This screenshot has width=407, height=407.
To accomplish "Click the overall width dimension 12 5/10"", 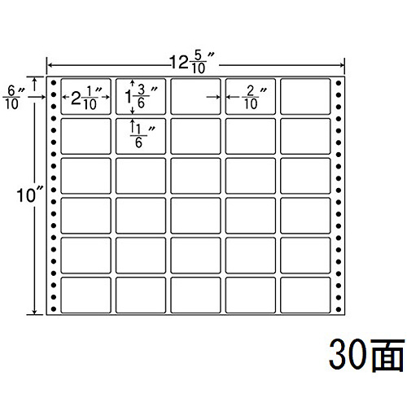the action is (x=192, y=63).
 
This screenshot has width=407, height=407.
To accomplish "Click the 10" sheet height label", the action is (x=30, y=195).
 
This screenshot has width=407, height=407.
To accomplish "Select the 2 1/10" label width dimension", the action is (x=87, y=98).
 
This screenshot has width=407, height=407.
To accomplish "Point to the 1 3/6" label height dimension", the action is (x=141, y=97).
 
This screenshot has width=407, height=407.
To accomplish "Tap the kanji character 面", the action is (x=387, y=355).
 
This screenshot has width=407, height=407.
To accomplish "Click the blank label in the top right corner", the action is (x=305, y=96).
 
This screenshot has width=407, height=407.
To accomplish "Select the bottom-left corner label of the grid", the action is (x=86, y=295).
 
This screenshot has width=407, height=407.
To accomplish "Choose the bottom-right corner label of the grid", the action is (x=305, y=295).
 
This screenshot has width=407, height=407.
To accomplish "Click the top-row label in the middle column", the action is (x=195, y=96).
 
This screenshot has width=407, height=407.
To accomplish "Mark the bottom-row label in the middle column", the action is (x=195, y=295).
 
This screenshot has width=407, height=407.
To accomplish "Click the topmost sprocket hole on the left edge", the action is (x=54, y=82).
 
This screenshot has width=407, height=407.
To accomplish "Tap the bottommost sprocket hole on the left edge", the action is (x=54, y=309).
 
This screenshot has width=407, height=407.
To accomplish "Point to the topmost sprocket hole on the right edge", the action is (x=339, y=83).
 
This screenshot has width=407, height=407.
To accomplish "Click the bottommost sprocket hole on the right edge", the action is (x=339, y=309).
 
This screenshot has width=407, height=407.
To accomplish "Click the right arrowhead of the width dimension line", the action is (x=343, y=65).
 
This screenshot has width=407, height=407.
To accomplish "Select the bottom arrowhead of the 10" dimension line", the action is (x=35, y=312).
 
